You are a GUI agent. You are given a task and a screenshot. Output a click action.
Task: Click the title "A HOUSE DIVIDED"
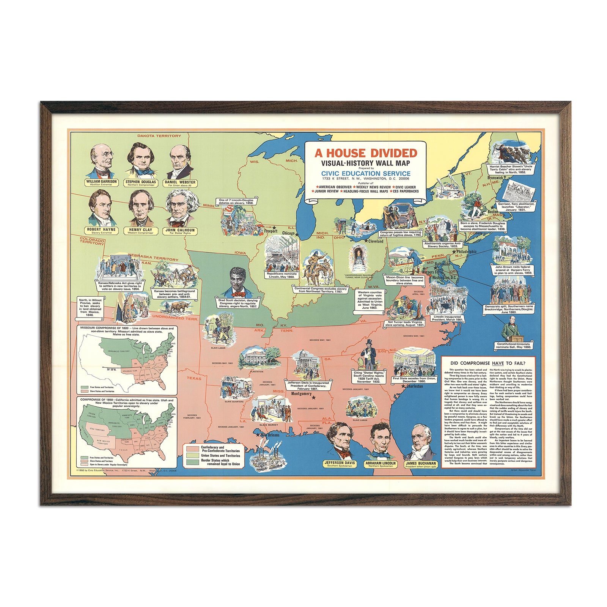(x=366, y=153)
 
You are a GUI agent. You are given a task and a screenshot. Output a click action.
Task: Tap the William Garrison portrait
(x=101, y=161)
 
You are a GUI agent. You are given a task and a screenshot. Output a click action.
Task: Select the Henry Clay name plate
(x=140, y=230)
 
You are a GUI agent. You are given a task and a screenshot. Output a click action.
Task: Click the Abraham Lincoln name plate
(x=380, y=463)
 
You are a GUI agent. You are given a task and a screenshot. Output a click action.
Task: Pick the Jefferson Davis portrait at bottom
(x=339, y=440)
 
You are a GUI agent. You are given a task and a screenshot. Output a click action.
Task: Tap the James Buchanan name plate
(x=421, y=463)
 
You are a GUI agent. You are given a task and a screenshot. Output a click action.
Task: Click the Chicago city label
(x=288, y=233)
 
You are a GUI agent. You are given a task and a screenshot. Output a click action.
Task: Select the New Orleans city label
(x=270, y=435)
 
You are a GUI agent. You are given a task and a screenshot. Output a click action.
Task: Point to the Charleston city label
(x=414, y=386)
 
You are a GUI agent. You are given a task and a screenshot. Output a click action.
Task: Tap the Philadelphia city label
(x=466, y=252)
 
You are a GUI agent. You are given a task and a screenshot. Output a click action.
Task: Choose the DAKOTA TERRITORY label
(x=159, y=135)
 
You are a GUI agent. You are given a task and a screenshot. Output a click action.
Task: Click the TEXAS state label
(x=195, y=378)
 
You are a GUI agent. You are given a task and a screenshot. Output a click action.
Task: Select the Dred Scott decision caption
(x=238, y=303)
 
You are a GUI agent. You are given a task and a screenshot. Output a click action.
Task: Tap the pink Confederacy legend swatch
(x=193, y=449)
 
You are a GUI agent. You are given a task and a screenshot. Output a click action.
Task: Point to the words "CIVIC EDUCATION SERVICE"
(x=365, y=173)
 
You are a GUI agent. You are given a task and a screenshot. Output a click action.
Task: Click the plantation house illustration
(x=257, y=357)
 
